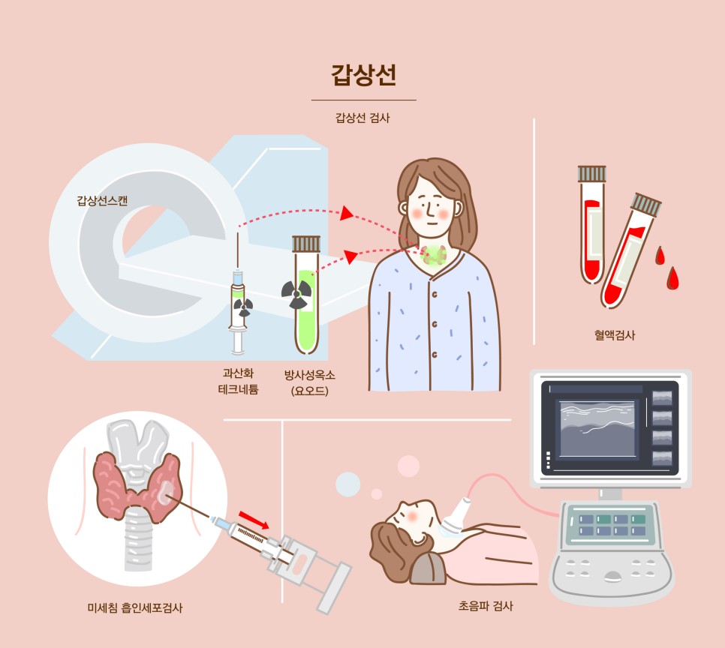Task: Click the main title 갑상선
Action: pyautogui.click(x=363, y=76)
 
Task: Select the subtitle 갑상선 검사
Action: pyautogui.click(x=363, y=118)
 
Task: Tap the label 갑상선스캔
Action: pyautogui.click(x=102, y=201)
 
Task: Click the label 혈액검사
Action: pyautogui.click(x=613, y=335)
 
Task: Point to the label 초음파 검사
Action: pyautogui.click(x=485, y=605)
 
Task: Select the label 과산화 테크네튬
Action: pyautogui.click(x=238, y=380)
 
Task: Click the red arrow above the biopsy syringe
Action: pyautogui.click(x=253, y=518)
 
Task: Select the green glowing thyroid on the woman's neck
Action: pyautogui.click(x=435, y=254)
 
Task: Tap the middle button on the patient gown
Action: pyautogui.click(x=434, y=323)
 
